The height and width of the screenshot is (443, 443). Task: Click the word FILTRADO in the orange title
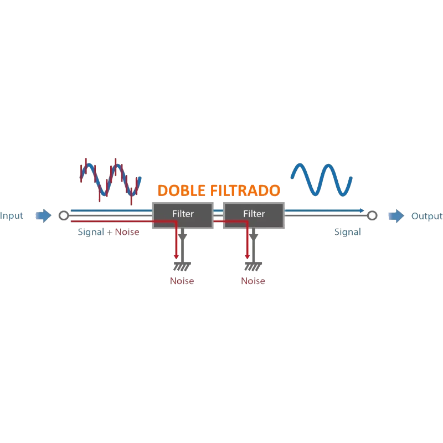pos(246,191)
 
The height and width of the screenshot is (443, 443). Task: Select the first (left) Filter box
pos(183,214)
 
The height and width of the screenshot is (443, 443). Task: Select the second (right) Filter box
pos(254,214)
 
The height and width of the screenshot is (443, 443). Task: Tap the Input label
pos(12,216)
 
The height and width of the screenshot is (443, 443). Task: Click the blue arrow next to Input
pos(43,215)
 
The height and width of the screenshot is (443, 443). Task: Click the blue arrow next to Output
pos(395,215)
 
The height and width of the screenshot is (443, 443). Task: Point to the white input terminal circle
pos(64,215)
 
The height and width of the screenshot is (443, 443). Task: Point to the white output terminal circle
pos(372,215)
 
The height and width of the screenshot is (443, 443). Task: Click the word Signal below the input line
pos(90,233)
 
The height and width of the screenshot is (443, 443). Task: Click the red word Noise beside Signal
pos(128,233)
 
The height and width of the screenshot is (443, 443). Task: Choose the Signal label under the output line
pos(347,233)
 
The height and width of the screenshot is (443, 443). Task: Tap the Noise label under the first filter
pos(182,281)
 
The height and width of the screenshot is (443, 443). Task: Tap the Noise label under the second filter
pos(253,281)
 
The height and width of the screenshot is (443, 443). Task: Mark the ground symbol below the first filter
pos(183,267)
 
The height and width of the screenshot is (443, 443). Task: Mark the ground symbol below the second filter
pos(254,267)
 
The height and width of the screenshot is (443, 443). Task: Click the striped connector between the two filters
pos(218,215)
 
